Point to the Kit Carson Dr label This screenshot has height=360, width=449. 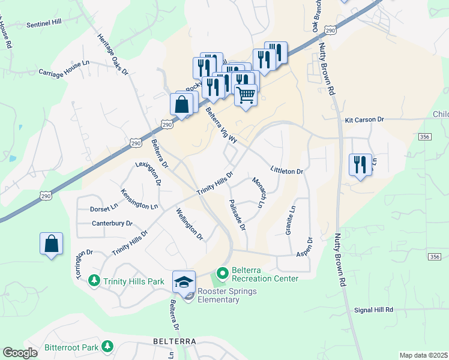pyautogui.click(x=364, y=120)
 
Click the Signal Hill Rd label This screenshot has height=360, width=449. pyautogui.click(x=373, y=310)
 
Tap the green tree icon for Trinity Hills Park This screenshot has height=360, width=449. pyautogui.click(x=94, y=280)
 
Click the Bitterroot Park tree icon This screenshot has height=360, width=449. pyautogui.click(x=107, y=347)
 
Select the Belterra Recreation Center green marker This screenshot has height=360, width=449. pyautogui.click(x=222, y=274)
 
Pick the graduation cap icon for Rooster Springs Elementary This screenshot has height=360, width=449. pyautogui.click(x=184, y=281)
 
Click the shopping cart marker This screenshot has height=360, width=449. pyautogui.click(x=246, y=94)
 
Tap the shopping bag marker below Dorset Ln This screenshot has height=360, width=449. pyautogui.click(x=51, y=244)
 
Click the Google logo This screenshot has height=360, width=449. pyautogui.click(x=20, y=353)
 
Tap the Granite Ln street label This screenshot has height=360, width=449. pyautogui.click(x=292, y=221)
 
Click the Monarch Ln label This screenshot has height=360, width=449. pyautogui.click(x=258, y=192)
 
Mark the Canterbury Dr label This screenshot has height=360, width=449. pyautogui.click(x=112, y=224)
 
